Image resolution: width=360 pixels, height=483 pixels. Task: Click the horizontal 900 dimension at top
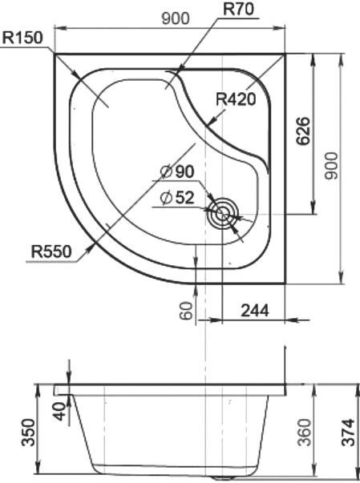176,19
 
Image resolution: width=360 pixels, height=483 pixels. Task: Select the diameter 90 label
177,172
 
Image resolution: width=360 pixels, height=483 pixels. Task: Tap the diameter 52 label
177,198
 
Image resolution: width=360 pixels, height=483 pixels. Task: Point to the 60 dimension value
186,310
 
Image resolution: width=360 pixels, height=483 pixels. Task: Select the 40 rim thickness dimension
59,413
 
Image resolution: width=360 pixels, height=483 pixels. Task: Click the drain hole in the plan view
222,214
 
